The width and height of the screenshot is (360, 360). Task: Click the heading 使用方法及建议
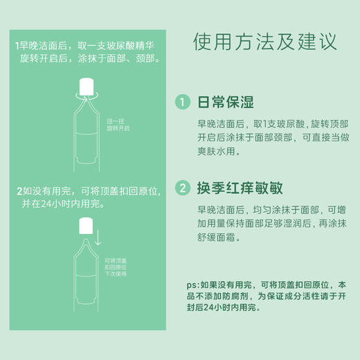[x=265, y=41]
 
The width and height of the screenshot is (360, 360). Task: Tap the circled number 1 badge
[x=182, y=102]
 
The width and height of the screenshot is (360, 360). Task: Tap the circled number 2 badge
[x=182, y=188]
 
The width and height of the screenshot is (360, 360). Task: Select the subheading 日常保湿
[x=226, y=102]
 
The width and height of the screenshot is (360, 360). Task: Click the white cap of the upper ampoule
[x=87, y=87]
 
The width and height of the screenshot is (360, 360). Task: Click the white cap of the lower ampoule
[x=87, y=225]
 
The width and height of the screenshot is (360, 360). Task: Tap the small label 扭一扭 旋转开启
[x=118, y=125]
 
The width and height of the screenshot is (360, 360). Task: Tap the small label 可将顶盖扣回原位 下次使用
[x=118, y=267]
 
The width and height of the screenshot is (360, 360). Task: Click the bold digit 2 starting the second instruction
[x=18, y=190]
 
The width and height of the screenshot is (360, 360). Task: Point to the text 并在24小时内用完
[x=61, y=204]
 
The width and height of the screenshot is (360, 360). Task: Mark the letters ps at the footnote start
[x=191, y=285]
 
